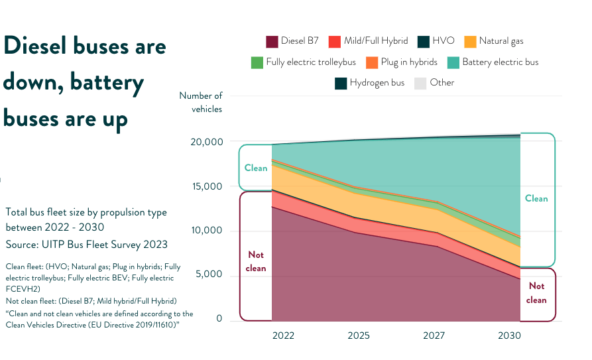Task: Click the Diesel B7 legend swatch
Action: pos(272,41)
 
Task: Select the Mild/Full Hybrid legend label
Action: pos(376,41)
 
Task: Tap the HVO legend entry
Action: pos(443,41)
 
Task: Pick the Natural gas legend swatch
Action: pos(470,41)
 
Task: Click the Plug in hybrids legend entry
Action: pos(407,62)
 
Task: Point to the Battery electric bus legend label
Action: pos(500,62)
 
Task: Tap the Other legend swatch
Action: pos(420,83)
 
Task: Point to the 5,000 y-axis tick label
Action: pos(210,274)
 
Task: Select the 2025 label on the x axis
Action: pos(359,335)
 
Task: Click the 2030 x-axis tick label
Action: pos(509,335)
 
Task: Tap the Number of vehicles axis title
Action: pos(202,102)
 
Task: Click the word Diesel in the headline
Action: pos(41,46)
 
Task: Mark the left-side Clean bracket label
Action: pos(256,168)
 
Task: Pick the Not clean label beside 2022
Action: pos(256,261)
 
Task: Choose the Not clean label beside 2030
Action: pos(537,292)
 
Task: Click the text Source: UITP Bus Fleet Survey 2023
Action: pos(86,245)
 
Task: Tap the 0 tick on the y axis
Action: pos(219,319)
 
